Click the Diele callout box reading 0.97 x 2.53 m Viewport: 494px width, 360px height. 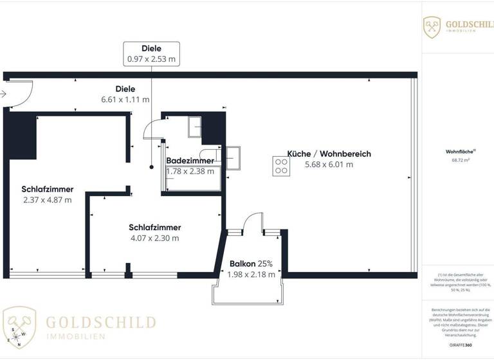pyautogui.click(x=151, y=53)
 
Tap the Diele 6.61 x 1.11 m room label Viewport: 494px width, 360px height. pyautogui.click(x=125, y=94)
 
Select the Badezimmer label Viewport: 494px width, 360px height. pyautogui.click(x=190, y=161)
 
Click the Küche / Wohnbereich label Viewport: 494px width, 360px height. pyautogui.click(x=329, y=154)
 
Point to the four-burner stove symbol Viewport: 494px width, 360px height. pyautogui.click(x=281, y=166)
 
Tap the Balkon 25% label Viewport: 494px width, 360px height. pyautogui.click(x=251, y=264)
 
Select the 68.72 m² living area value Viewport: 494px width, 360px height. pyautogui.click(x=457, y=160)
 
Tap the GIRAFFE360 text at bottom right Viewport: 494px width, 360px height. pyautogui.click(x=457, y=345)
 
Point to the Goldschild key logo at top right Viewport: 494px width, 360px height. pyautogui.click(x=432, y=27)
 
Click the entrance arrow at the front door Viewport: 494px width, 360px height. pyautogui.click(x=3, y=94)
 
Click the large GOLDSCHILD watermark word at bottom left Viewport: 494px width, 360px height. pyautogui.click(x=100, y=322)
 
